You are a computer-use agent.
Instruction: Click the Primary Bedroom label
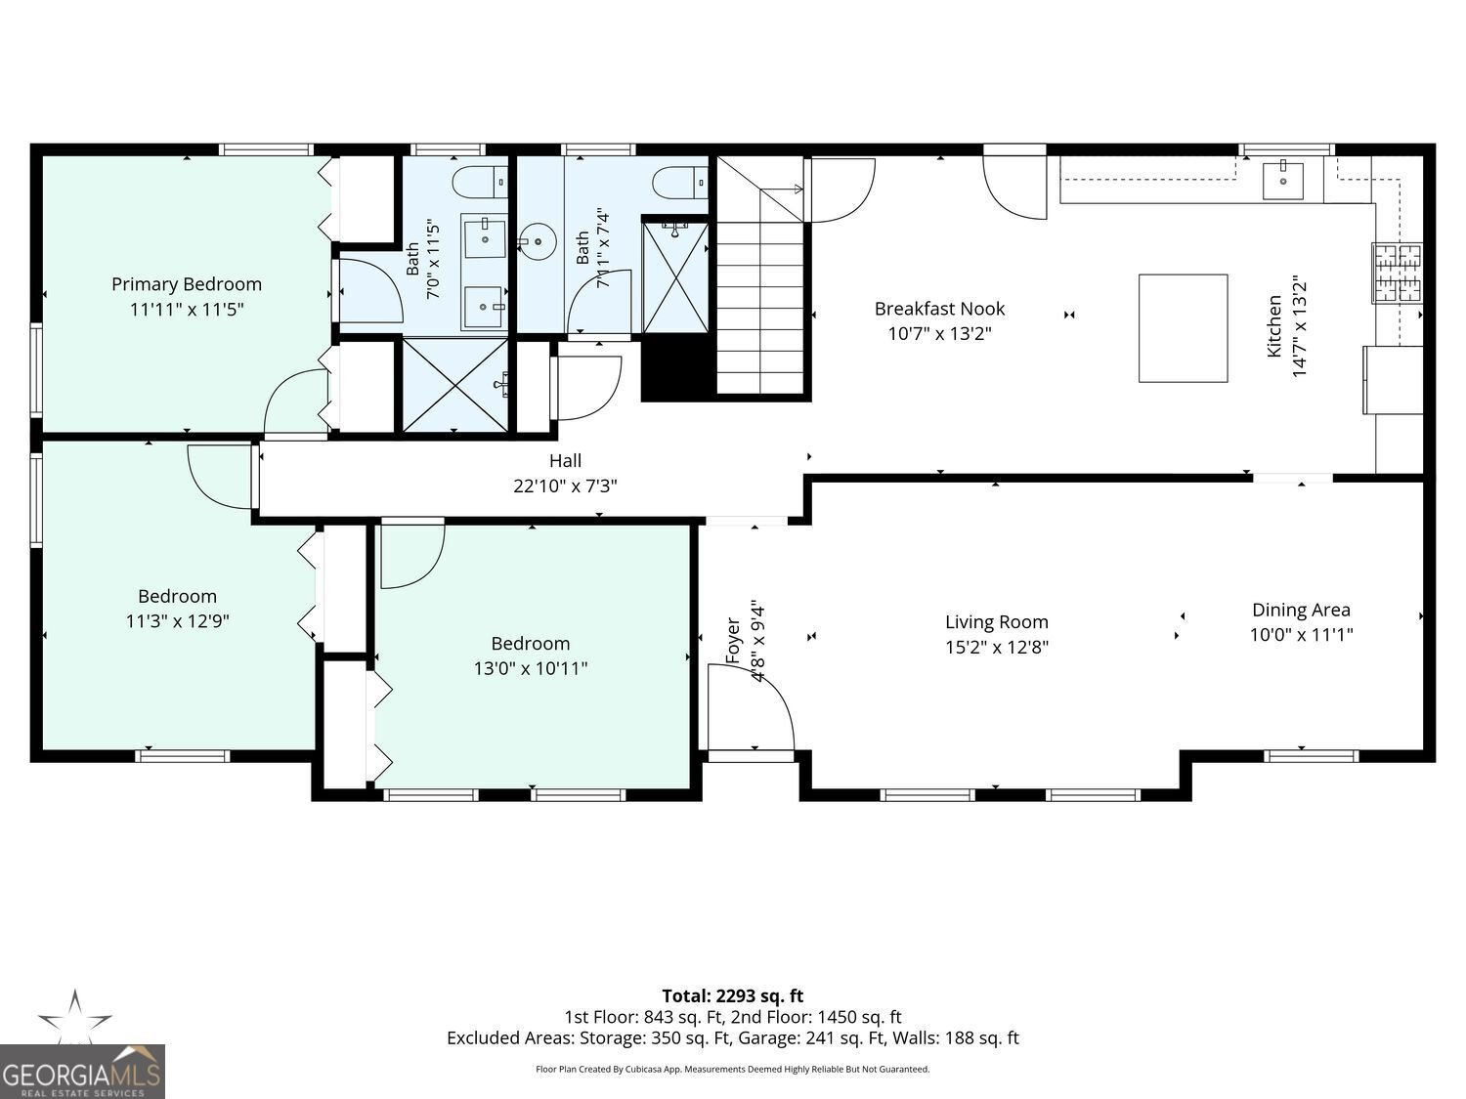pyautogui.click(x=187, y=284)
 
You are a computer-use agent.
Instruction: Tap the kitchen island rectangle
pyautogui.click(x=1183, y=328)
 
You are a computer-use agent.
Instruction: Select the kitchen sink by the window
pyautogui.click(x=1282, y=179)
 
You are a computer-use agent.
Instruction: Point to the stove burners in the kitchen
pyautogui.click(x=1398, y=273)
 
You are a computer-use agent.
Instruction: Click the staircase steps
pyautogui.click(x=760, y=308)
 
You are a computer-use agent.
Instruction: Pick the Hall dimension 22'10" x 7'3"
pyautogui.click(x=565, y=486)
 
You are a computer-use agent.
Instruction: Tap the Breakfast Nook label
pyautogui.click(x=940, y=309)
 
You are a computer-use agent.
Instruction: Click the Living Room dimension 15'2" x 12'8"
pyautogui.click(x=997, y=648)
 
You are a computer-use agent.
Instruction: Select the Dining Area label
pyautogui.click(x=1301, y=610)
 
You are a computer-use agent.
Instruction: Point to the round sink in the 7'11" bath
pyautogui.click(x=538, y=241)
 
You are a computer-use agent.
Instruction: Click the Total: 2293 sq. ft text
pyautogui.click(x=733, y=996)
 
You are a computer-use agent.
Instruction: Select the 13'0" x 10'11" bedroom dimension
pyautogui.click(x=531, y=668)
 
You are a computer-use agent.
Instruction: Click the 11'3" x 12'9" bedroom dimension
pyautogui.click(x=177, y=621)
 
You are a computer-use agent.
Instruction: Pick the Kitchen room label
pyautogui.click(x=1274, y=326)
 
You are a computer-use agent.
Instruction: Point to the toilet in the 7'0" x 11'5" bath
pyautogui.click(x=480, y=182)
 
